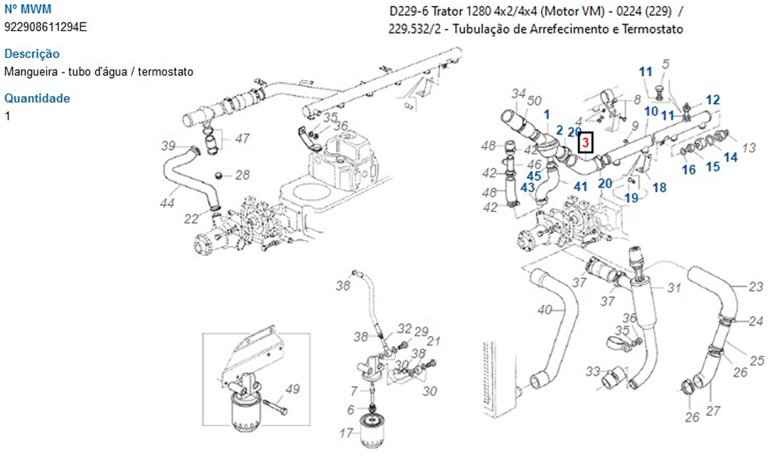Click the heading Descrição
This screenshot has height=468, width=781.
point(32,54)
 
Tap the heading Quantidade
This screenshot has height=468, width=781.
point(37,98)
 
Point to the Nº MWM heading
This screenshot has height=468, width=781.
point(27,9)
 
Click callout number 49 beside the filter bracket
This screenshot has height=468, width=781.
point(292,389)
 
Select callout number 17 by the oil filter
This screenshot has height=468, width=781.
point(347,433)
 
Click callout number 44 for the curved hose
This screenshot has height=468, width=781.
point(166,204)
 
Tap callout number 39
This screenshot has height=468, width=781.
point(168,145)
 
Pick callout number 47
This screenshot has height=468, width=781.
point(242,139)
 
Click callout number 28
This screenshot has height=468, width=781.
point(242,175)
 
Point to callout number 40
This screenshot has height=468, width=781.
point(544,309)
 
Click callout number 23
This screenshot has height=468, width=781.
point(755,286)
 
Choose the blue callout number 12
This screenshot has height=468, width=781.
point(712,99)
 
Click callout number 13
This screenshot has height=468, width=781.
point(748,147)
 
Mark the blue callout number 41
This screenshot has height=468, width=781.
point(580,186)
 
